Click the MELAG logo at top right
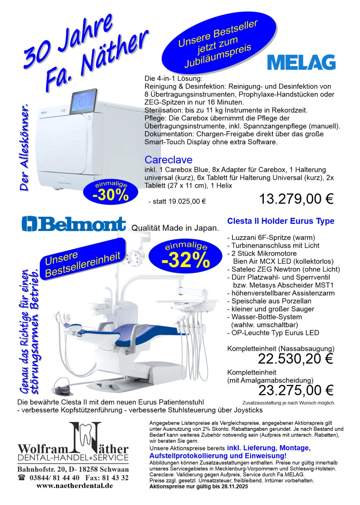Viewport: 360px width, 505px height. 301,62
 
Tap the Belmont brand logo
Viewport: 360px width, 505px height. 73,224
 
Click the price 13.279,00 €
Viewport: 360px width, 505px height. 296,199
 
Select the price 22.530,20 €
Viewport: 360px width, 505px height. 295,359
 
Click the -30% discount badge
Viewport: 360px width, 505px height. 111,193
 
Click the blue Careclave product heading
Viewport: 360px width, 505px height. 168,160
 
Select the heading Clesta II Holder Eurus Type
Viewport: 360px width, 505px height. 280,221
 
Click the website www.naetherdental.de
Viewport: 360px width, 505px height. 74,486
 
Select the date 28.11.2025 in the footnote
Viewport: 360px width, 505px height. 235,486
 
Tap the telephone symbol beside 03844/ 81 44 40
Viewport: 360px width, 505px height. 22,478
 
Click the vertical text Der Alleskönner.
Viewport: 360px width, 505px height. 25,149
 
